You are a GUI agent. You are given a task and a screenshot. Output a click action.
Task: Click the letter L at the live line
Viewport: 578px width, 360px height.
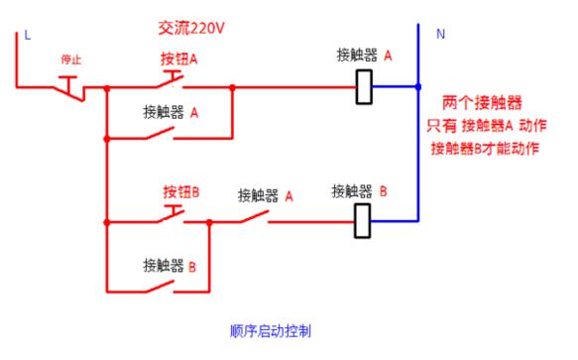click(27, 35)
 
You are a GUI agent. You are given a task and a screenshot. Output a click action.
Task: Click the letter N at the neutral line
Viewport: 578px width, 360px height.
click(439, 34)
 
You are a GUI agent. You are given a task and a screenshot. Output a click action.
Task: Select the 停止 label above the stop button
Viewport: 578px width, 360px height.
click(70, 61)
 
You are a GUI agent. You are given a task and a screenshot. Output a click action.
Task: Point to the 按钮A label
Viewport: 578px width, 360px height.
click(179, 59)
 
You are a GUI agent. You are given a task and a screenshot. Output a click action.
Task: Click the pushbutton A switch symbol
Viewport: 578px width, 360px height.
click(174, 80)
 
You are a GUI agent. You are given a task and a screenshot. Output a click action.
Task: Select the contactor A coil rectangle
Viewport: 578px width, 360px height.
click(364, 87)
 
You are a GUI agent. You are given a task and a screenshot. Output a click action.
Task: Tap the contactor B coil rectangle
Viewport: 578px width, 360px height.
click(362, 221)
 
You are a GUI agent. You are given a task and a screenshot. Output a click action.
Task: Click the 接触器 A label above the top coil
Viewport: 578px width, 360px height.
click(364, 57)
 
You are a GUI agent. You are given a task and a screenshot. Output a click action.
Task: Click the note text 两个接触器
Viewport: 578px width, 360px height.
click(482, 103)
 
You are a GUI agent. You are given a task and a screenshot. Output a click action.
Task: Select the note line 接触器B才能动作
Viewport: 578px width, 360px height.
click(485, 149)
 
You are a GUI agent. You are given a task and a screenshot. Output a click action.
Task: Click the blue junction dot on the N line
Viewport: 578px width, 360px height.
click(417, 87)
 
